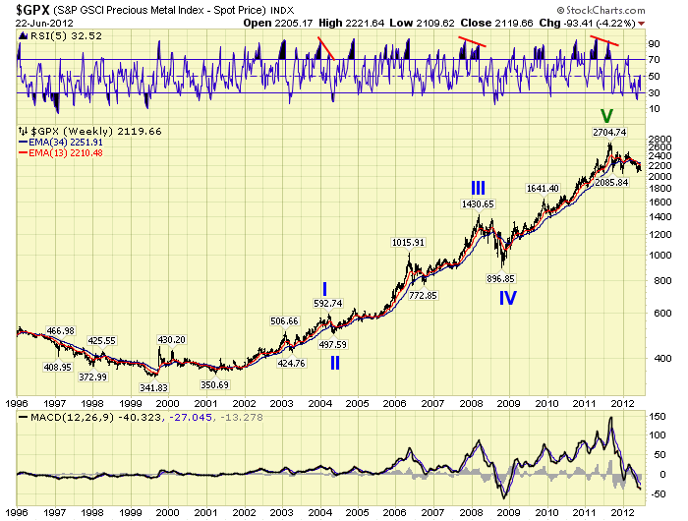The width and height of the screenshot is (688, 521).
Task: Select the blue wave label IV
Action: tap(508, 296)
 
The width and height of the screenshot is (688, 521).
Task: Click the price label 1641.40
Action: tap(543, 189)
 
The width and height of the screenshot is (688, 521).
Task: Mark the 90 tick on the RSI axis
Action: tap(652, 44)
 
